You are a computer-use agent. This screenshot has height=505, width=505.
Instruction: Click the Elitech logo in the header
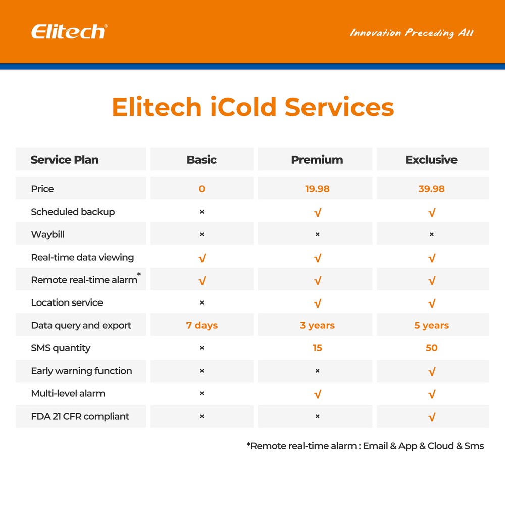point(69,32)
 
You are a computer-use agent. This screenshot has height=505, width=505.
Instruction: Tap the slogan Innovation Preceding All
point(412,33)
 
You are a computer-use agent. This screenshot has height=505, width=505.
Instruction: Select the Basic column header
point(201,160)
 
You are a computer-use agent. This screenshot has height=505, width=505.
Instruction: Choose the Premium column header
point(317,160)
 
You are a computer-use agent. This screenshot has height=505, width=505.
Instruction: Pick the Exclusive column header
point(431,160)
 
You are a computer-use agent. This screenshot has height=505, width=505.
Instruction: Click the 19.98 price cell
point(317,189)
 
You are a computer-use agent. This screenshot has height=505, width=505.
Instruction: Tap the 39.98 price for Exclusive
point(431,189)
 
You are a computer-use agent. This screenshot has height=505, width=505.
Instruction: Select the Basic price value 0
point(202,189)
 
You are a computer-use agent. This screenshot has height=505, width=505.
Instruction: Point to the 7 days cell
point(202,325)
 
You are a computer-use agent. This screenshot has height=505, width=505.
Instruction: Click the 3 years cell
point(317,325)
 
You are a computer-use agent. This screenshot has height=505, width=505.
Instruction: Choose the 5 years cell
point(431,325)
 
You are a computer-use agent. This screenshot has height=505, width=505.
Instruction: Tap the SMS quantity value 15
point(317,348)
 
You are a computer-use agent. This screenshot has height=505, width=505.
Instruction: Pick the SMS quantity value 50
point(431,348)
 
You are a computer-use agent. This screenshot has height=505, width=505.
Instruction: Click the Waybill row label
point(47,234)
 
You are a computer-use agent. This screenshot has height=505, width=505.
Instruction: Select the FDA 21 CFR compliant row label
point(80,416)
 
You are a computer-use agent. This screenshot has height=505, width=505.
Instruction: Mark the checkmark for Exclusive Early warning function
point(432,372)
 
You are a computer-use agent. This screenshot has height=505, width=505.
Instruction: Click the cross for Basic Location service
point(202,302)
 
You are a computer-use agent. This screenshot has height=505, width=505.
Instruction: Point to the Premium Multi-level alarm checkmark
point(317,394)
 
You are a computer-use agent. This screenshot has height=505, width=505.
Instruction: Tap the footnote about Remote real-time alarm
point(365,446)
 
